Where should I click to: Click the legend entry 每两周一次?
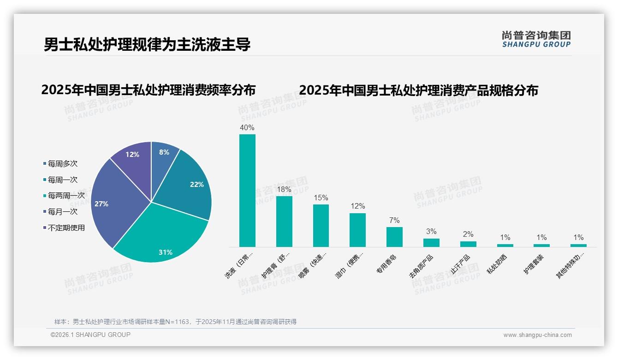pyautogui.click(x=66, y=196)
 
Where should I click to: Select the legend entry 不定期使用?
pyautogui.click(x=66, y=228)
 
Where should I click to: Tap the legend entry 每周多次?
pyautogui.click(x=62, y=163)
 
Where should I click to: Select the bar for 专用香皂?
pyautogui.click(x=394, y=237)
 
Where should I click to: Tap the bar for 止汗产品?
pyautogui.click(x=468, y=244)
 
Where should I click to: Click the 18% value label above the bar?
pyautogui.click(x=284, y=189)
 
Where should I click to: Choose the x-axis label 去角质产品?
pyautogui.click(x=421, y=266)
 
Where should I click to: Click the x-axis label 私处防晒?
pyautogui.click(x=497, y=264)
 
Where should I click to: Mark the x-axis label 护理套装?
pyautogui.click(x=534, y=264)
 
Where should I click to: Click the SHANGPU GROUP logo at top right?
pyautogui.click(x=536, y=39)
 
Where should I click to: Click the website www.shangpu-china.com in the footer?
pyautogui.click(x=537, y=335)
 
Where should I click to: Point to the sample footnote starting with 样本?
pyautogui.click(x=175, y=322)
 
